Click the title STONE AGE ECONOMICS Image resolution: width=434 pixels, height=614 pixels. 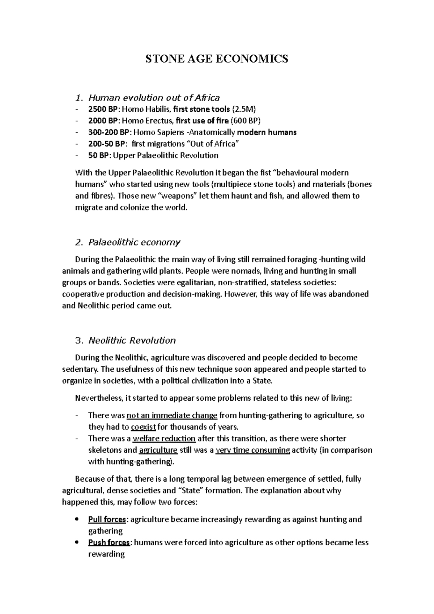[x=217, y=59]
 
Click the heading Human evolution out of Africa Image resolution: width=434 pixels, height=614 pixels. [x=154, y=98]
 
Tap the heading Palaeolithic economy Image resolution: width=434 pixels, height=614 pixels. [x=134, y=242]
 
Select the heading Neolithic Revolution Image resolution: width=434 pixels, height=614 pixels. [x=132, y=341]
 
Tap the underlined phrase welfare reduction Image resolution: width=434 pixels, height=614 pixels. [x=164, y=439]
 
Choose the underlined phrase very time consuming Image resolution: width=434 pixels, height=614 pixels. [x=252, y=450]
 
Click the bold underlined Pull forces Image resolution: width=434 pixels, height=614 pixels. [x=107, y=520]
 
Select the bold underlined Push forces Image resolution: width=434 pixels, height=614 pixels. [x=109, y=543]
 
